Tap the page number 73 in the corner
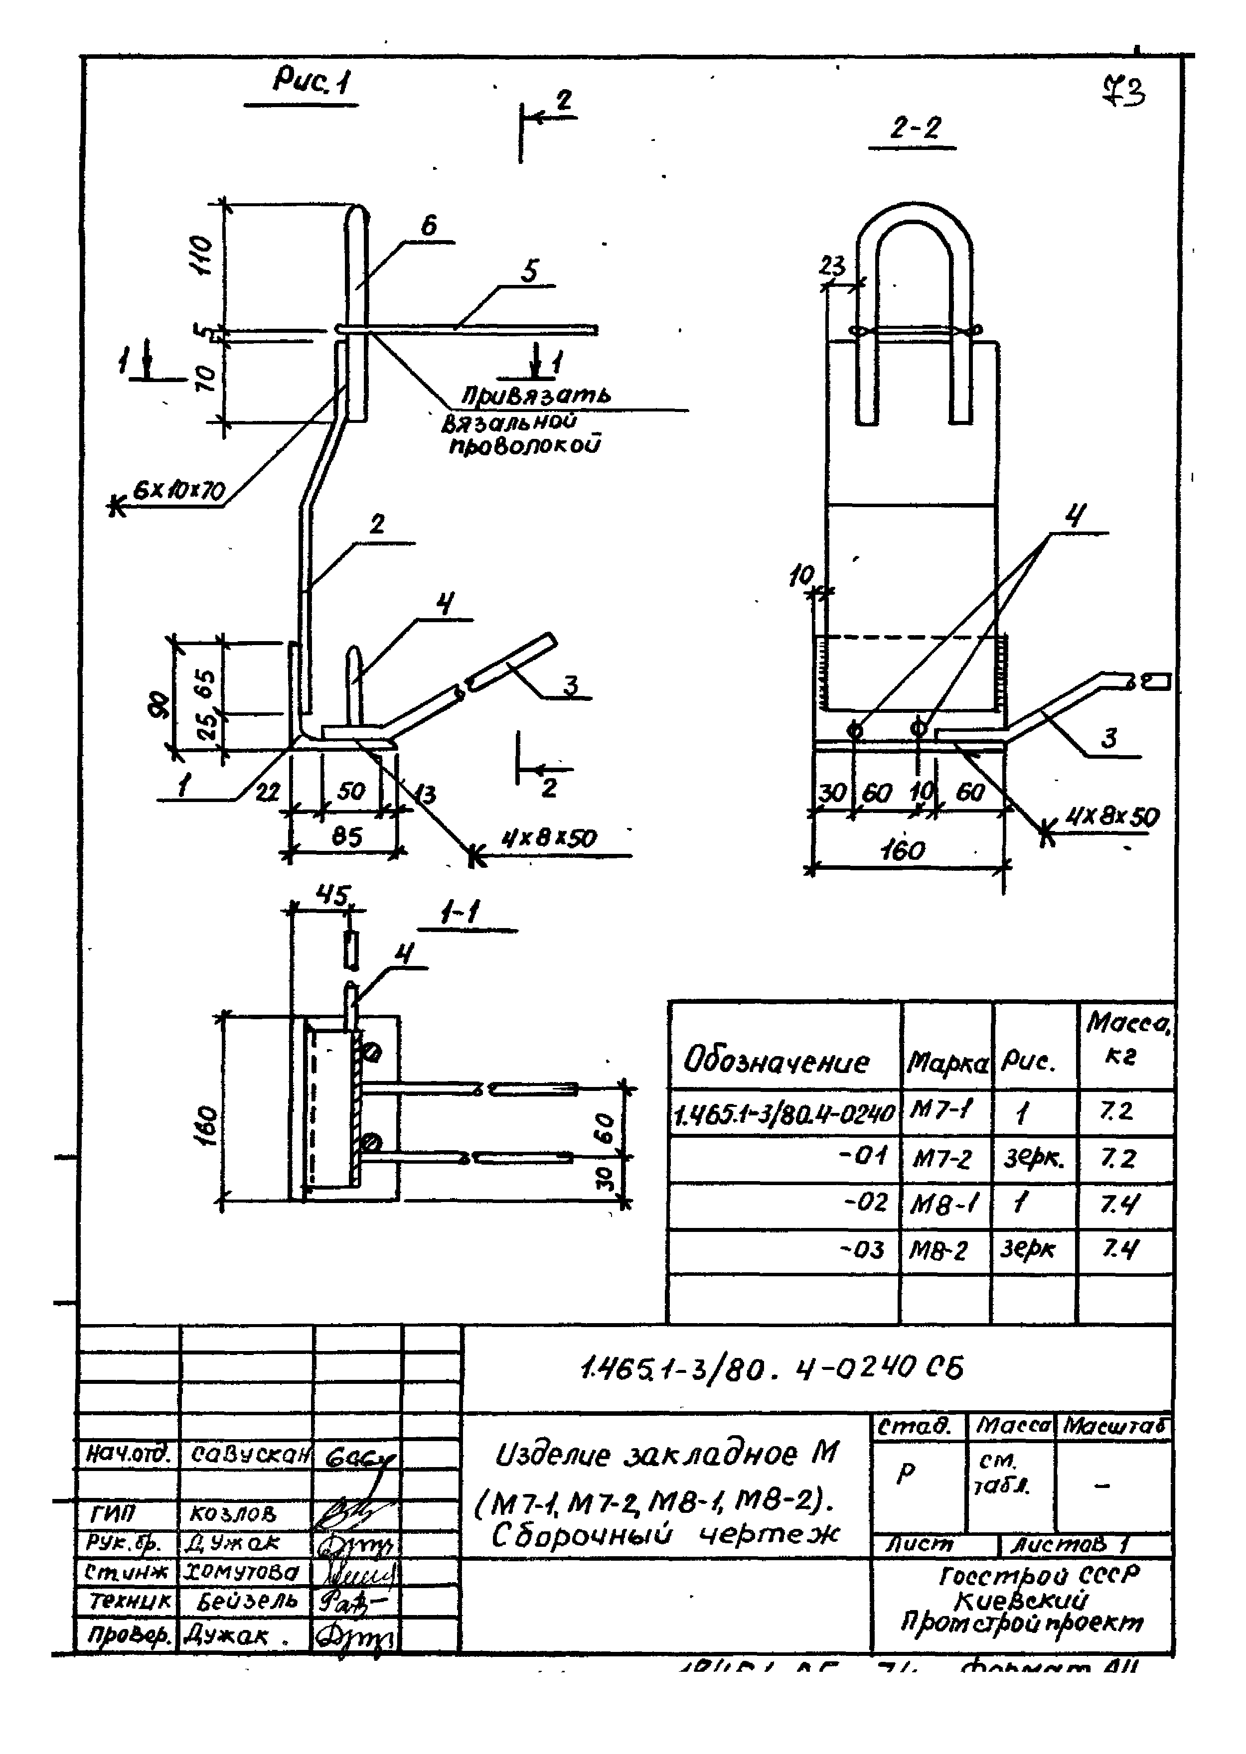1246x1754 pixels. [x=1124, y=92]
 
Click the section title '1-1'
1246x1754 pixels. [x=461, y=913]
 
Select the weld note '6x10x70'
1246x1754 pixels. [x=179, y=490]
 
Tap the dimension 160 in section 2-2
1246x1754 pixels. [x=903, y=850]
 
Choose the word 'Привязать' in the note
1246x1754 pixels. [x=536, y=396]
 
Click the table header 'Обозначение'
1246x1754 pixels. [x=777, y=1062]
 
